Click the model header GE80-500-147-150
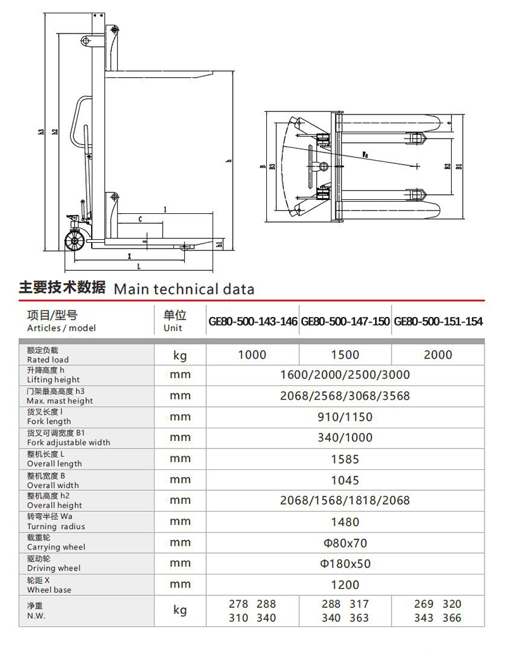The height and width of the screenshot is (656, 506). [345, 321]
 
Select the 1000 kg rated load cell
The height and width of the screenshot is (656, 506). [252, 354]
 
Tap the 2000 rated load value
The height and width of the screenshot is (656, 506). [438, 354]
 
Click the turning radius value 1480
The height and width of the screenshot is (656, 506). [345, 522]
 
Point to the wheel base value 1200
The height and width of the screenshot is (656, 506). [345, 585]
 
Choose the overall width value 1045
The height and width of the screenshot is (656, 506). [345, 480]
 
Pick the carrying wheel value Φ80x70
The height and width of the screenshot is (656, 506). [345, 543]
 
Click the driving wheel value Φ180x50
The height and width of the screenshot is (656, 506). [345, 564]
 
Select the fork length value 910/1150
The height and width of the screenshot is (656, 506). [345, 417]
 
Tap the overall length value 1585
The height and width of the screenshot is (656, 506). [345, 459]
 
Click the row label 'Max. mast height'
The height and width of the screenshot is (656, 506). [59, 400]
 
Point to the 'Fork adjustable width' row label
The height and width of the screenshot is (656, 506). [68, 442]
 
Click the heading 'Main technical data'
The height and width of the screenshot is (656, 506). [183, 290]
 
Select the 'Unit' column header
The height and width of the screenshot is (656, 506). [173, 328]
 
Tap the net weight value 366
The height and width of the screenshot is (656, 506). [452, 618]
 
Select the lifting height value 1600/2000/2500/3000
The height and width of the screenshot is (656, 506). [345, 374]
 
